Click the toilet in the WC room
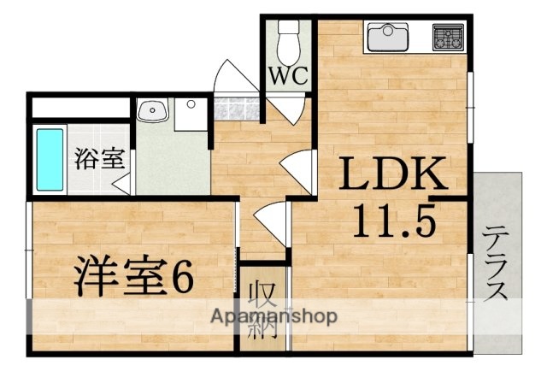289,38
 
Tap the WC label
289,76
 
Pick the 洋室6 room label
132,275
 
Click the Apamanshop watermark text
273,316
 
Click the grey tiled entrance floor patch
235,109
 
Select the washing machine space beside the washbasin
192,115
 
